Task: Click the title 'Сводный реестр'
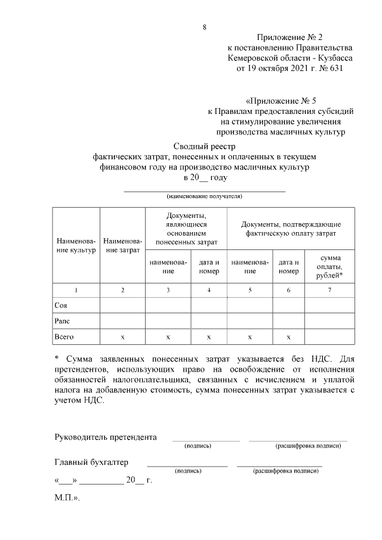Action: click(205, 146)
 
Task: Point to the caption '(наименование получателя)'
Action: click(205, 196)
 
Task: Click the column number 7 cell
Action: click(329, 290)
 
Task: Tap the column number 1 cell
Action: click(76, 290)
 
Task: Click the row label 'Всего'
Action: click(64, 337)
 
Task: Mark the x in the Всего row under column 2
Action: click(122, 337)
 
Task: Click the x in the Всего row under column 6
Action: click(288, 337)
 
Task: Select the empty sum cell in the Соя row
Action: click(329, 306)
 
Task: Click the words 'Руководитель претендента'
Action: click(106, 437)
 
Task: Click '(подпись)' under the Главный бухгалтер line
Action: click(187, 471)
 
